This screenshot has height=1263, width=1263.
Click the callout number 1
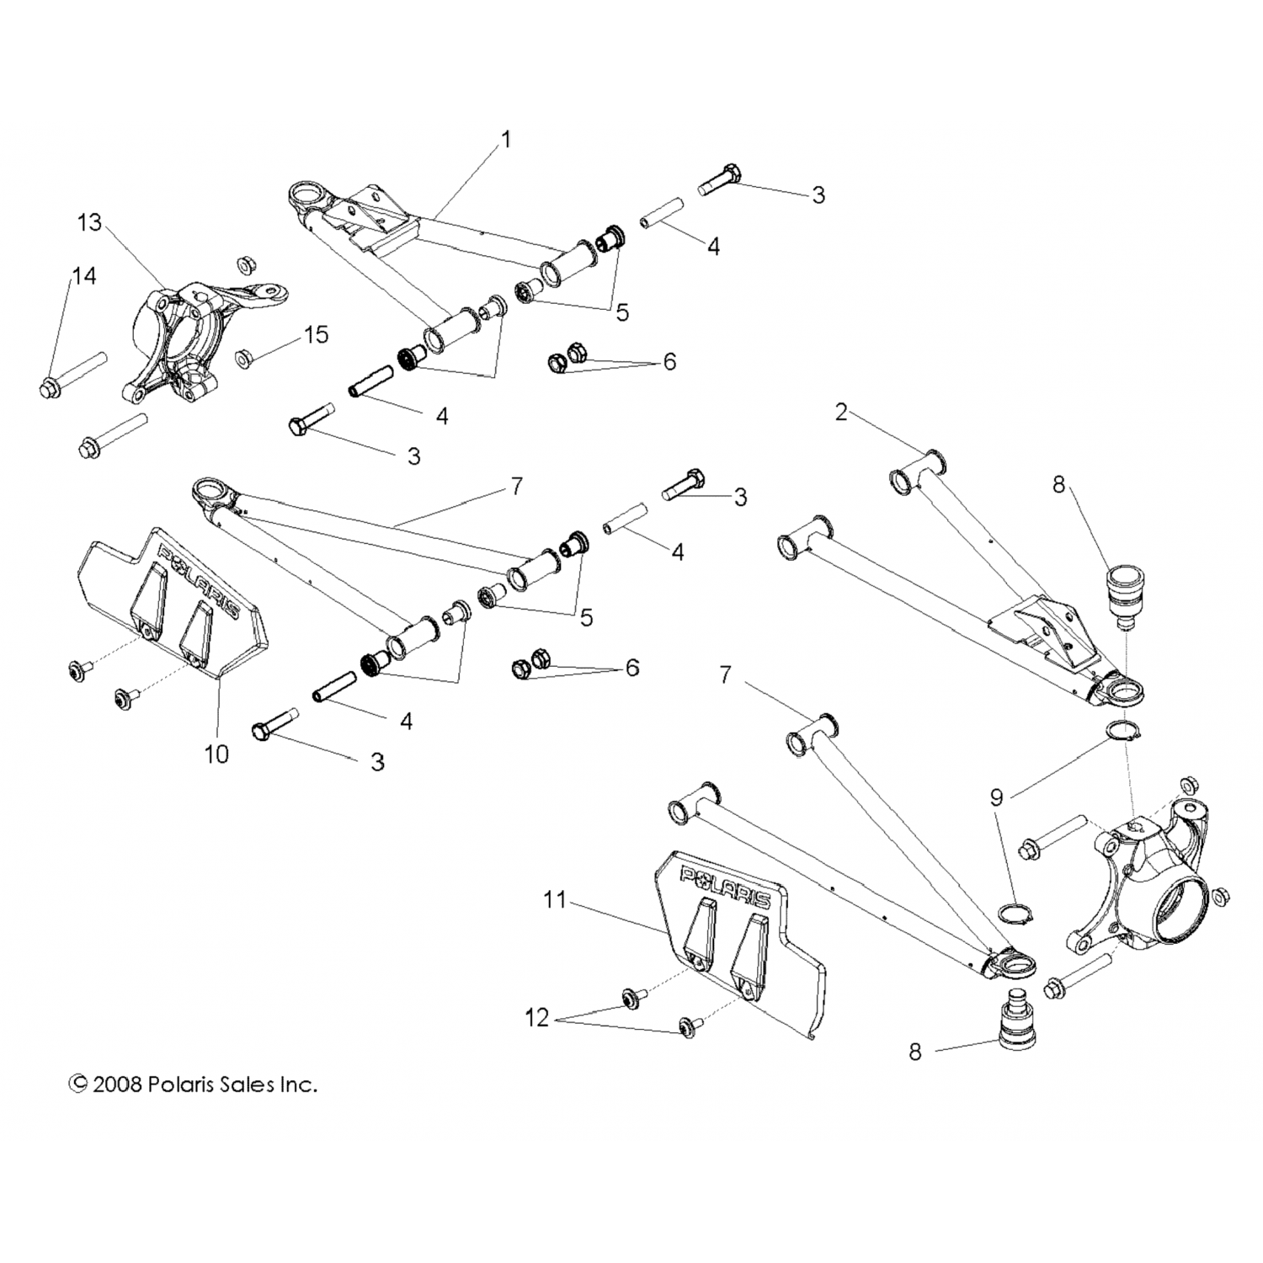pyautogui.click(x=506, y=139)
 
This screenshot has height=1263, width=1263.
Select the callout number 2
pyautogui.click(x=841, y=412)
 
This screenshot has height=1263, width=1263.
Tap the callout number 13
pyautogui.click(x=89, y=223)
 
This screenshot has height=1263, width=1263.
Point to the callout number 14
pyautogui.click(x=84, y=276)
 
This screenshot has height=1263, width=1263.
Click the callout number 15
pyautogui.click(x=316, y=334)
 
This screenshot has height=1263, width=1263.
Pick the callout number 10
pyautogui.click(x=216, y=754)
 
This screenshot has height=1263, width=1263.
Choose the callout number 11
pyautogui.click(x=555, y=900)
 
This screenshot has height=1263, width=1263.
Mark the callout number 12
pyautogui.click(x=536, y=1018)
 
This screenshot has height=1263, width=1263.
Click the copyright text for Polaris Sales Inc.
pyautogui.click(x=194, y=1084)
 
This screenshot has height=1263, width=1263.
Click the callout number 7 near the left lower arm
pyautogui.click(x=516, y=486)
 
